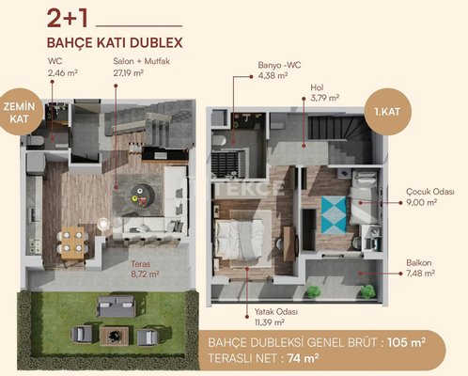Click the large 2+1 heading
point(68,18)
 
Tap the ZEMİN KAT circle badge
point(20,112)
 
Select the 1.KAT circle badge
point(387,112)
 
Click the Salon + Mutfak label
point(142,61)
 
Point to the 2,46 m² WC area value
point(63,73)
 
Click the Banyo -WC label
point(279,65)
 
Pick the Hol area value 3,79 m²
point(325,98)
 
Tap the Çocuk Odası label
point(430,192)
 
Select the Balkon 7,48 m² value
point(420,274)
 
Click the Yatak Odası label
point(276,312)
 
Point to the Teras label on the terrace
point(140,264)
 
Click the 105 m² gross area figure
point(406,342)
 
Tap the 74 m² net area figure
point(303,358)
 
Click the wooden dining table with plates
point(72,243)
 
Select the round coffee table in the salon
point(142,196)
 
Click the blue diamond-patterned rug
point(334,214)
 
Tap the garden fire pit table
point(114,336)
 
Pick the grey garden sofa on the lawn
point(116,305)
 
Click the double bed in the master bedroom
point(238,240)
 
